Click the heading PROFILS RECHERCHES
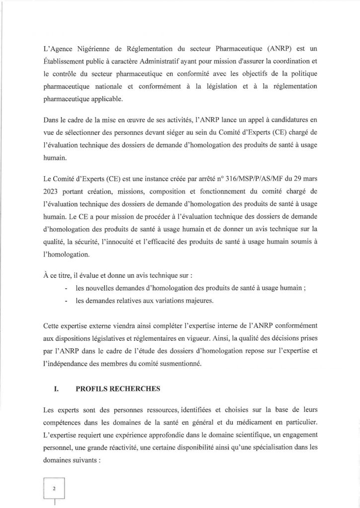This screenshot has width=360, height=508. pyautogui.click(x=118, y=389)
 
